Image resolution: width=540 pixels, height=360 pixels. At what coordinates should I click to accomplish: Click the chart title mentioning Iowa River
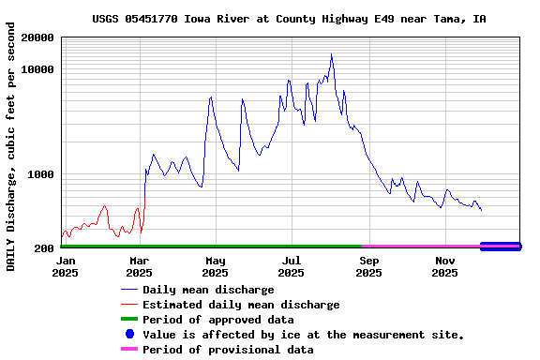pyautogui.click(x=289, y=19)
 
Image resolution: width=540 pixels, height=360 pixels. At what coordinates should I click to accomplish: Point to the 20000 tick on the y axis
pyautogui.click(x=37, y=38)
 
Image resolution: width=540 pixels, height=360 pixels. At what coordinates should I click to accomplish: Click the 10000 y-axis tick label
pyautogui.click(x=37, y=70)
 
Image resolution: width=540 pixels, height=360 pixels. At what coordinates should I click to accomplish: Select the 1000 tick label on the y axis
pyautogui.click(x=41, y=174)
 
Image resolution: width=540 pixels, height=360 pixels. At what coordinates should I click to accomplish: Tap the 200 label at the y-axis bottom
pyautogui.click(x=45, y=248)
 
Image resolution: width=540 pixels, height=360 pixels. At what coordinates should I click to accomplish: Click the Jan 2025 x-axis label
pyautogui.click(x=66, y=266)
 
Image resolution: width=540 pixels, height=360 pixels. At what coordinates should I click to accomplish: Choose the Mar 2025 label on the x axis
pyautogui.click(x=139, y=266)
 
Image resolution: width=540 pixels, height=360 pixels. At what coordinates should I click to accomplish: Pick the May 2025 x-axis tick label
pyautogui.click(x=215, y=266)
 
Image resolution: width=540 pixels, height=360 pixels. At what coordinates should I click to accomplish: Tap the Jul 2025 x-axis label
pyautogui.click(x=292, y=266)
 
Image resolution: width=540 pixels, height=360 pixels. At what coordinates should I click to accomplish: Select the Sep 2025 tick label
pyautogui.click(x=368, y=266)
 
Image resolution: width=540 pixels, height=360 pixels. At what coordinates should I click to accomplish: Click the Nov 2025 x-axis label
pyautogui.click(x=445, y=266)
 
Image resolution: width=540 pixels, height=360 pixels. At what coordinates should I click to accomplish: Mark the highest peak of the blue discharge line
pyautogui.click(x=331, y=54)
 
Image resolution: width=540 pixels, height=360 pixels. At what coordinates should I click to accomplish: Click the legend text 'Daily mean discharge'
pyautogui.click(x=208, y=290)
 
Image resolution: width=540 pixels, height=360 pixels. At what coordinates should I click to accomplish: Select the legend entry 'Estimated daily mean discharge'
pyautogui.click(x=241, y=305)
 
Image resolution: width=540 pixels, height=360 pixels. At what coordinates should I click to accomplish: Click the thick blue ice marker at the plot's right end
pyautogui.click(x=500, y=247)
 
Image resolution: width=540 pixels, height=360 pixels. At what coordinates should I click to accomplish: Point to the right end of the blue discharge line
pyautogui.click(x=482, y=210)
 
